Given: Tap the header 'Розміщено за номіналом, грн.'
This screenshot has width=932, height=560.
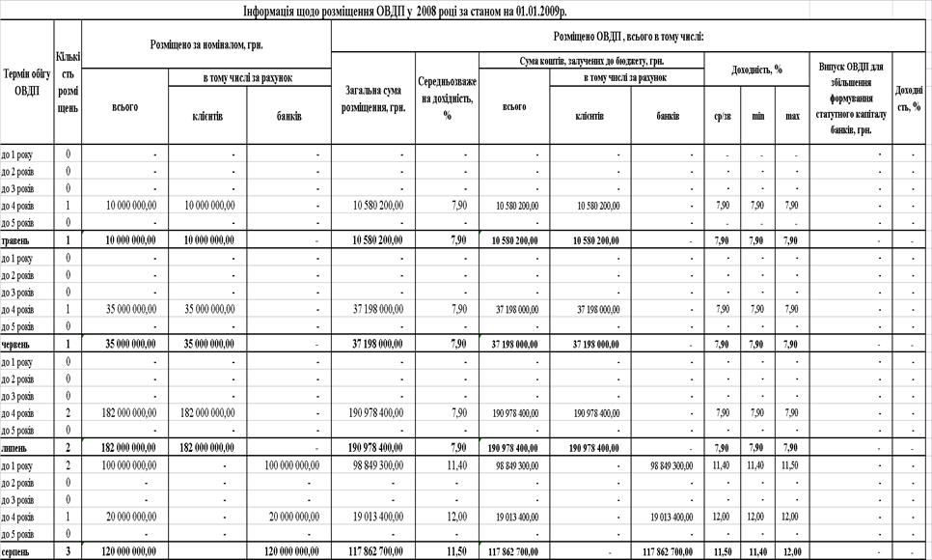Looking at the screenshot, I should pyautogui.click(x=207, y=44).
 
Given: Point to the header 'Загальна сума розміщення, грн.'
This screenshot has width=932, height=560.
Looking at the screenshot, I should pyautogui.click(x=372, y=99).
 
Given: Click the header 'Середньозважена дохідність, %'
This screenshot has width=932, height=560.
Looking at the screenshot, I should pyautogui.click(x=447, y=99).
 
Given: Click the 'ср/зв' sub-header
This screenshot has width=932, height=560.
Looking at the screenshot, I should pyautogui.click(x=722, y=116).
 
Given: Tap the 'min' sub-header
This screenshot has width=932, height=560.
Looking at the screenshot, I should pyautogui.click(x=758, y=116).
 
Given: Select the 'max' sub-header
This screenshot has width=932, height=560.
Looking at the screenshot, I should pyautogui.click(x=792, y=116).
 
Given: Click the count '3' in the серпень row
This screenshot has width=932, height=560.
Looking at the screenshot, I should pyautogui.click(x=68, y=552).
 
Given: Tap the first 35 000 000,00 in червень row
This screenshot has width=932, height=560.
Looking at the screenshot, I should pyautogui.click(x=127, y=344).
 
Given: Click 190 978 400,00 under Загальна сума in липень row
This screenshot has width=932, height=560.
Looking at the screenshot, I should pyautogui.click(x=374, y=448).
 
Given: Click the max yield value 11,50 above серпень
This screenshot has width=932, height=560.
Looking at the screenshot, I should pyautogui.click(x=792, y=465).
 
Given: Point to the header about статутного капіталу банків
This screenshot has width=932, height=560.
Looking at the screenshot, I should pyautogui.click(x=851, y=99).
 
